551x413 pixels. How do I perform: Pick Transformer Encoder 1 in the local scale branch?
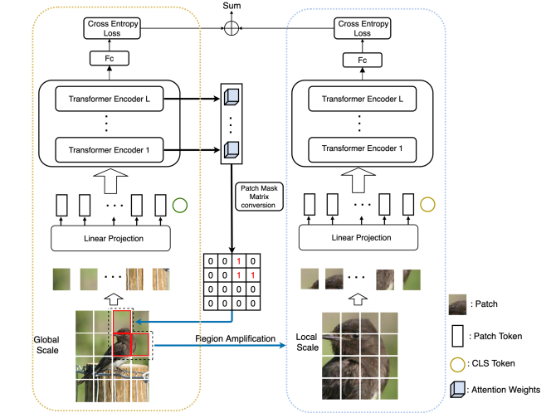click(361, 151)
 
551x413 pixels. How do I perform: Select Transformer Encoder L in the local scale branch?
click(361, 100)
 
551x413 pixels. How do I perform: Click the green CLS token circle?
click(180, 204)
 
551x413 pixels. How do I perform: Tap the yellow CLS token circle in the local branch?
click(428, 204)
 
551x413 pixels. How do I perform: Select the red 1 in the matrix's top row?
click(239, 260)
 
